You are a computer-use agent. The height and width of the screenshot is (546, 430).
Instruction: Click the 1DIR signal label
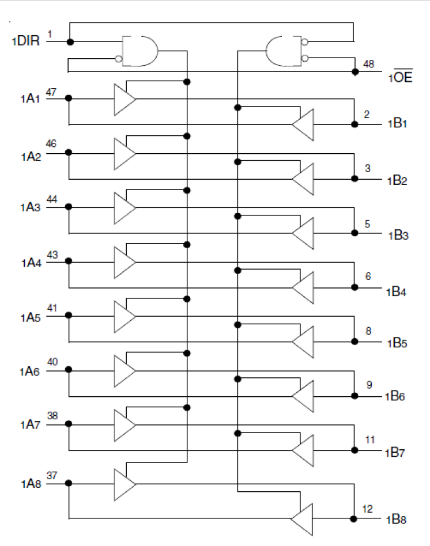[x=25, y=41]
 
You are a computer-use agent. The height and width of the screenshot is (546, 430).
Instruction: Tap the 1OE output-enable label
[x=399, y=77]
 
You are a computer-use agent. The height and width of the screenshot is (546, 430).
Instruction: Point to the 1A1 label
[x=29, y=98]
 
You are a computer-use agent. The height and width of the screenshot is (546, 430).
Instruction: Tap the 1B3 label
[x=397, y=236]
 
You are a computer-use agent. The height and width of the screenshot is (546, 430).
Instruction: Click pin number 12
[x=367, y=509]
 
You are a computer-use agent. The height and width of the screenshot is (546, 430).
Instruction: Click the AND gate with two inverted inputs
[x=283, y=50]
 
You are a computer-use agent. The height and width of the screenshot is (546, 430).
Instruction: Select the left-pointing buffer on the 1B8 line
[x=301, y=519]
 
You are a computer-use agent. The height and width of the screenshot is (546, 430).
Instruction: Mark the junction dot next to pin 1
[x=70, y=42]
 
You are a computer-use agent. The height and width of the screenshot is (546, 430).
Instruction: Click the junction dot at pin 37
[x=69, y=483]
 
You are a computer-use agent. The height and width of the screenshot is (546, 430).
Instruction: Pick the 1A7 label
[x=29, y=426]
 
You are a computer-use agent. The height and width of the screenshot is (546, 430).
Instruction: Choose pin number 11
[x=369, y=439]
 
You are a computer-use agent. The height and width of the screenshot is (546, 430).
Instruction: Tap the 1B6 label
[x=396, y=397]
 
